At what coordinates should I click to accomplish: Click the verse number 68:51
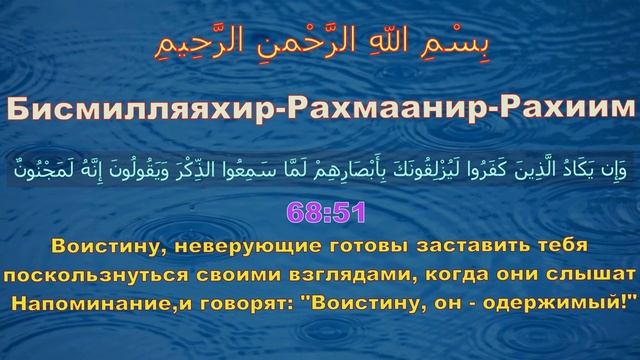pos(319,213)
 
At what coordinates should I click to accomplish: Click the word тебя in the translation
pos(561,245)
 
